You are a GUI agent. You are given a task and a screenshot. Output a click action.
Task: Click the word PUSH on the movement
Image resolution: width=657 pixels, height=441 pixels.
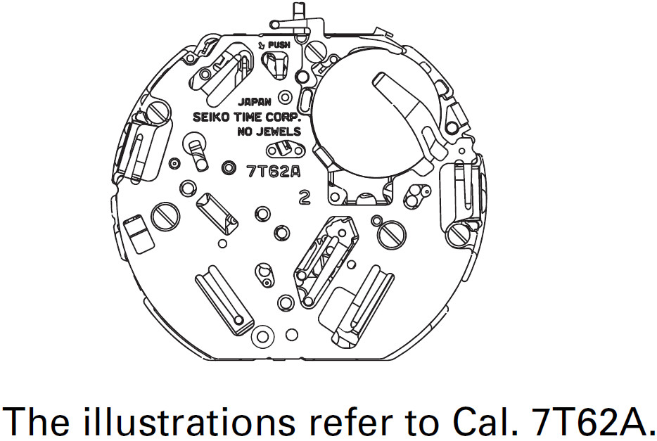tap(279, 44)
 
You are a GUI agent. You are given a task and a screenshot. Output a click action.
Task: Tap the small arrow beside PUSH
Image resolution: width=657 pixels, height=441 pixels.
tap(262, 44)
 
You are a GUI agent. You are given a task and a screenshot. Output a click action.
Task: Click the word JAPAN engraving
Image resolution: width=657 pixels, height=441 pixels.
tap(255, 102)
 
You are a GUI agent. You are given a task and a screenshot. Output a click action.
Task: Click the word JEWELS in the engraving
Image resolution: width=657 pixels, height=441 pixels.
tap(281, 132)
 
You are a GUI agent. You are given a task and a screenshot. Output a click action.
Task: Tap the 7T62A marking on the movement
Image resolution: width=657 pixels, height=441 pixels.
tap(274, 172)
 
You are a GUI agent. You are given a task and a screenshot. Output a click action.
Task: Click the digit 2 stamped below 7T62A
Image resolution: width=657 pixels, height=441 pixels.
tap(305, 197)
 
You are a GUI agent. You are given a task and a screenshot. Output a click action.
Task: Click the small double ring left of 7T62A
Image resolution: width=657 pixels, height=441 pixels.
tap(229, 168)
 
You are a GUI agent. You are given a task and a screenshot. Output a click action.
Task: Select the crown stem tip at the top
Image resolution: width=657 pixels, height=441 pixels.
tap(298, 8)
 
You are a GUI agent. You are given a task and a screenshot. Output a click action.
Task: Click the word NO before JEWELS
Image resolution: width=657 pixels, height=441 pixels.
tap(248, 132)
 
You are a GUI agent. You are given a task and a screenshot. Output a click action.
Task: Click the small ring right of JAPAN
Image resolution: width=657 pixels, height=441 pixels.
tap(285, 97)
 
